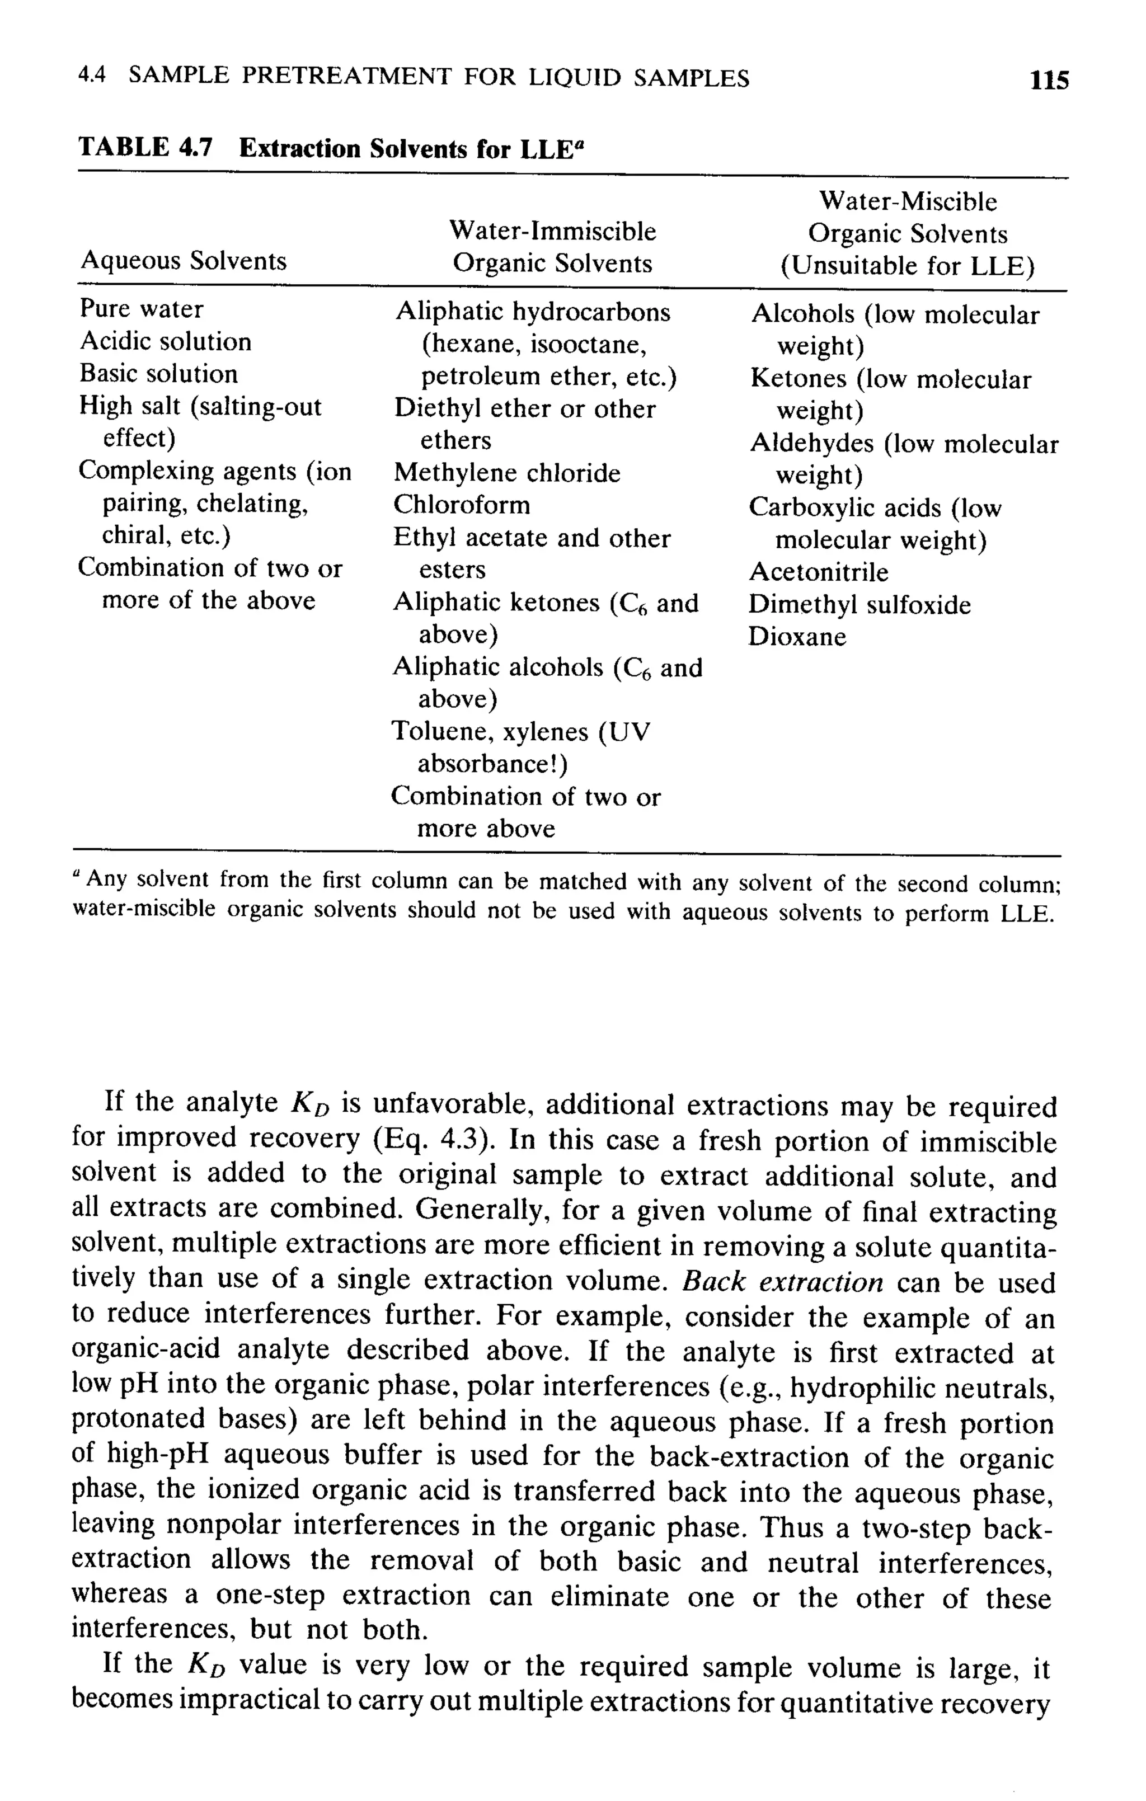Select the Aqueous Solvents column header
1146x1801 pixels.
[184, 260]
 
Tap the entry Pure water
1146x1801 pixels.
[142, 309]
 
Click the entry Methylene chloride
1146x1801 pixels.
[506, 473]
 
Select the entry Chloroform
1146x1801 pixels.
[462, 505]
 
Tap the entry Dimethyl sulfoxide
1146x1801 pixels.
[859, 604]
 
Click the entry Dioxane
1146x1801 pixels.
[797, 637]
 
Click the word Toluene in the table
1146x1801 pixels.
[440, 731]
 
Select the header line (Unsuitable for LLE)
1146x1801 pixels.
[908, 266]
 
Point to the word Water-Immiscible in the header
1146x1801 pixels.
[552, 231]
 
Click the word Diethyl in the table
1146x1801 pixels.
[436, 408]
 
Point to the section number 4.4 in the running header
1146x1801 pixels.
[92, 76]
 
